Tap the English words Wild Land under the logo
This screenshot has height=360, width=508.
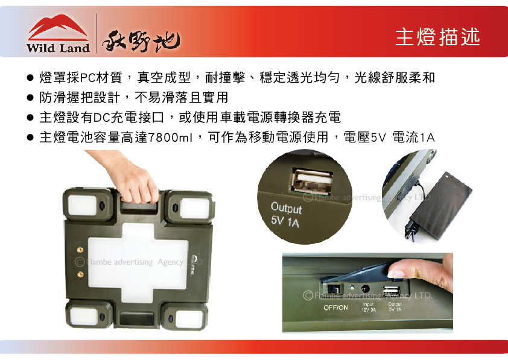tap(58, 48)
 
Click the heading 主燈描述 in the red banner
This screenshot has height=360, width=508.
tap(437, 37)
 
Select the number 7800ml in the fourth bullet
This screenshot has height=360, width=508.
tap(170, 137)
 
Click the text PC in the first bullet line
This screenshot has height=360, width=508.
tap(88, 78)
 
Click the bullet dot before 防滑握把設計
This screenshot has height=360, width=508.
tap(30, 98)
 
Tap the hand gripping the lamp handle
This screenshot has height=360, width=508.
tap(135, 181)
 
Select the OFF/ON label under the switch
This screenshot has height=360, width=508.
tap(335, 308)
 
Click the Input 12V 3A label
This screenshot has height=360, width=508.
tap(369, 307)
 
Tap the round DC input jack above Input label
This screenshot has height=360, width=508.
tap(365, 290)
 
